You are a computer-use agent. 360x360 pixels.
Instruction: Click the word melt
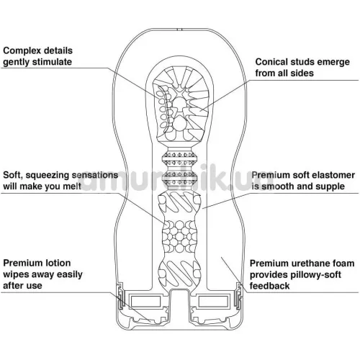[72, 186]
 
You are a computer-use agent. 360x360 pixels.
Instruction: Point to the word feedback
[269, 286]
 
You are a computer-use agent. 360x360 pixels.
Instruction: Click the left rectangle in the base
[145, 301]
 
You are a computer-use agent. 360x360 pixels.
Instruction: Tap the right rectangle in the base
[213, 301]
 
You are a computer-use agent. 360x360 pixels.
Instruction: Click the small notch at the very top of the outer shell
[180, 30]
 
